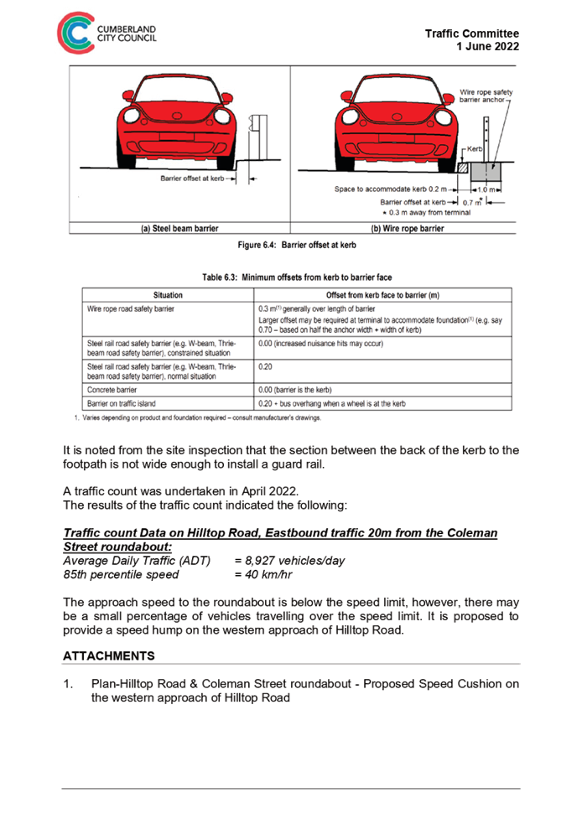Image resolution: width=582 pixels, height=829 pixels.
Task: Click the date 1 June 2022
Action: coord(487,47)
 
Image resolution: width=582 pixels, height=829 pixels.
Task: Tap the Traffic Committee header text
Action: coord(471,34)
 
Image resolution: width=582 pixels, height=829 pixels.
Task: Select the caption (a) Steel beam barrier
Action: coord(179,228)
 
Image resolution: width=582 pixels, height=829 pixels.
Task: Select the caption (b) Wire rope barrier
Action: coord(407,228)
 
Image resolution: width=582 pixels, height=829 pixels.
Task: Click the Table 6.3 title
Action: coord(296,277)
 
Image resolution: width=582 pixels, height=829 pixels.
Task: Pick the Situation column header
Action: coord(168,295)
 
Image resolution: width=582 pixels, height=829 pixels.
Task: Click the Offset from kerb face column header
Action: coord(382,295)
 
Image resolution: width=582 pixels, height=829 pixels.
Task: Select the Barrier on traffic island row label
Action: coord(121,403)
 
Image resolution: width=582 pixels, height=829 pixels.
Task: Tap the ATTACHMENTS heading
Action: coord(108,655)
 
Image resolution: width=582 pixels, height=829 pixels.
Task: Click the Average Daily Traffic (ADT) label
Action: coord(137,561)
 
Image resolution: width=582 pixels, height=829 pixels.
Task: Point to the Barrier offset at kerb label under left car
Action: coord(194,179)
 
